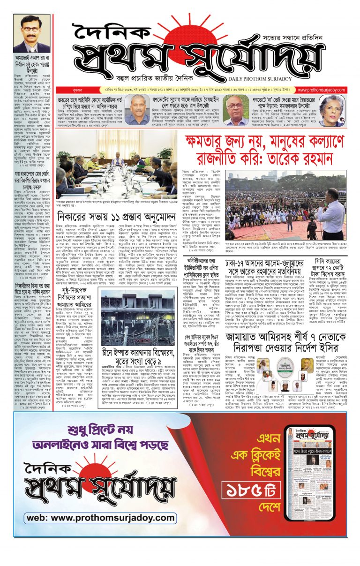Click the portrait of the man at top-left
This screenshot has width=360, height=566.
click(31, 33)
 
